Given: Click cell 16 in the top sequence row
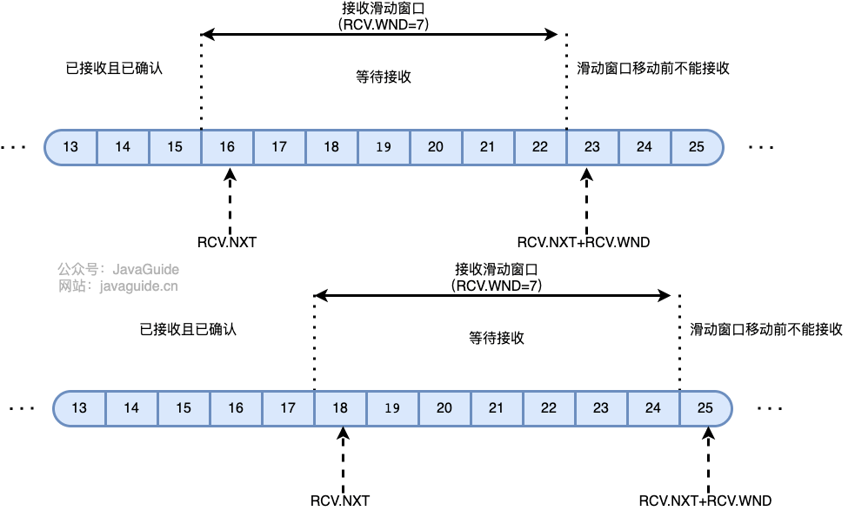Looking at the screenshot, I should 227,147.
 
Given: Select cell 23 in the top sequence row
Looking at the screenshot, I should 592,147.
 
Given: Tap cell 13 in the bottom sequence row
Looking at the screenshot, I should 79,408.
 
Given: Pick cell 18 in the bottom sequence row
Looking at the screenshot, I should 340,408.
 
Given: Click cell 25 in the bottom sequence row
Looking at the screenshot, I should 705,408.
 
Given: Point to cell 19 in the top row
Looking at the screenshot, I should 384,147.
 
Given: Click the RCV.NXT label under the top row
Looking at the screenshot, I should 228,242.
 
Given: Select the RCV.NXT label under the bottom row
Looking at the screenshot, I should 340,501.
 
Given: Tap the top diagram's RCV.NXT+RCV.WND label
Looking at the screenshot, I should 584,242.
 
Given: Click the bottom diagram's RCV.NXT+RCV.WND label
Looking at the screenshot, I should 705,501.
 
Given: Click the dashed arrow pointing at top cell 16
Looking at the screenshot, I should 230,198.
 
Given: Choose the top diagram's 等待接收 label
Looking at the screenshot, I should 384,77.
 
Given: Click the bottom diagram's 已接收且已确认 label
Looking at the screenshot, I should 188,330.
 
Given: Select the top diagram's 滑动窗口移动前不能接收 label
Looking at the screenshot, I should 653,68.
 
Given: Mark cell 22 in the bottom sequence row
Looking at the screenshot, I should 549,408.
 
